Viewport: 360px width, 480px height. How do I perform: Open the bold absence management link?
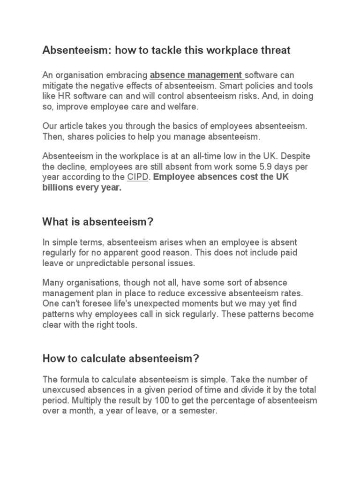(195, 75)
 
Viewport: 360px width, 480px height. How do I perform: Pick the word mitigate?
(58, 86)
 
